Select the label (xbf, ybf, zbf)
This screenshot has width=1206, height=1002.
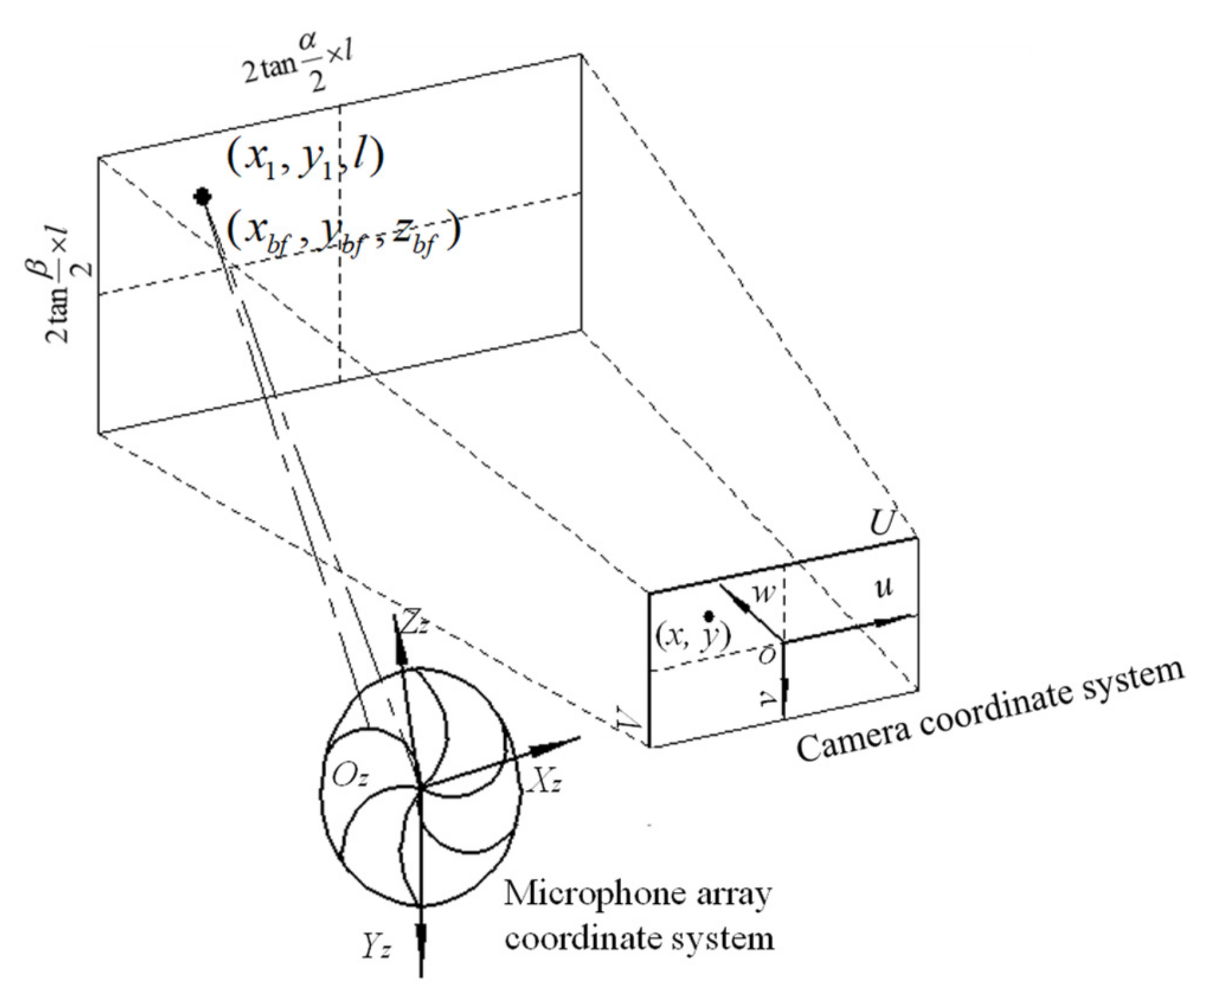343,234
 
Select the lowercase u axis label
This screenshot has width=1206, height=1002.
884,588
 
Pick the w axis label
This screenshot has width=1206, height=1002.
765,592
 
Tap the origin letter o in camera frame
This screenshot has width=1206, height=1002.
767,656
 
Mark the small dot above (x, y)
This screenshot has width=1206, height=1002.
709,615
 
